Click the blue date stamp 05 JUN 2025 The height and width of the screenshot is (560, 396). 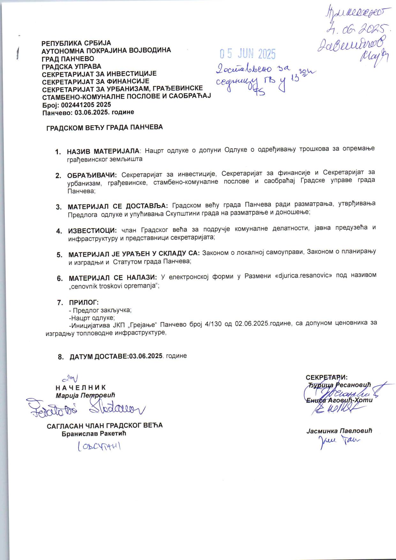[x=247, y=54]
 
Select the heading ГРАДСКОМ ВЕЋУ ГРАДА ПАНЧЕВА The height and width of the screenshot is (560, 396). [x=105, y=127]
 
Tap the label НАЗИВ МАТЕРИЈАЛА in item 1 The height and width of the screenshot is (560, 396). [x=103, y=150]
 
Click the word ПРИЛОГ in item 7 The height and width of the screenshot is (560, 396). [x=84, y=302]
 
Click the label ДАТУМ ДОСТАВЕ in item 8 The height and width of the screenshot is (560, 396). [x=99, y=357]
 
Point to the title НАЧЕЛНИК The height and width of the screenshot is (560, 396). [x=80, y=387]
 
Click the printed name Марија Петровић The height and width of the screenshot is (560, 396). [x=85, y=395]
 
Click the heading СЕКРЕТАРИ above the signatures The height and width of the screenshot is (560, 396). [x=327, y=377]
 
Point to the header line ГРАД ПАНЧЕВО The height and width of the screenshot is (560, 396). [x=68, y=59]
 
